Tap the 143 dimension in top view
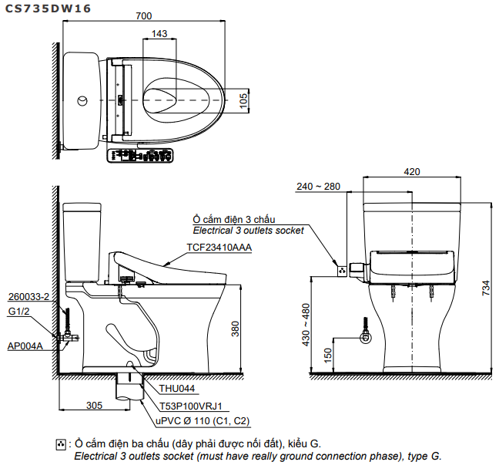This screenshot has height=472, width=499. point(159,33)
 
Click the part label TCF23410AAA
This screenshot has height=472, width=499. point(219,248)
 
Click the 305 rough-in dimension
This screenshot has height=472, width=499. point(93,405)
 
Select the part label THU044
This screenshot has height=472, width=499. point(176,389)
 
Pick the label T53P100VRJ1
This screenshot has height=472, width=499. point(190,405)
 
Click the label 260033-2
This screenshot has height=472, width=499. point(28,297)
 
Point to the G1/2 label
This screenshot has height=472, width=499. point(18,312)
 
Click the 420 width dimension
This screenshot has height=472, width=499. point(412,172)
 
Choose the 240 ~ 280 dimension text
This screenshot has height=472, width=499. point(317,187)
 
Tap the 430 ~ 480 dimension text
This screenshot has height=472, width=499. point(306,324)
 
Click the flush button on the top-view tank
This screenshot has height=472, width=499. point(83,100)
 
